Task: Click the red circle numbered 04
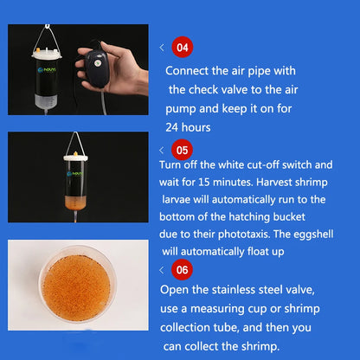[x=183, y=47]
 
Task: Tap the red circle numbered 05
[x=182, y=150]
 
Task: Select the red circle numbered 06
[x=182, y=270]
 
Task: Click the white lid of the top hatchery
[x=47, y=54]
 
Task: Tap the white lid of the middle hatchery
[x=75, y=157]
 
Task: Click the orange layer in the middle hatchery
[x=75, y=202]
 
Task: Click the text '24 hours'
[x=188, y=127]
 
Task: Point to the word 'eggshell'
[x=313, y=235]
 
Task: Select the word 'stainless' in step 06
[x=234, y=290]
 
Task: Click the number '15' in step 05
[x=204, y=182]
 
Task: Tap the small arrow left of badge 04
[x=162, y=48]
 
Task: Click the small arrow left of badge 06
[x=162, y=270]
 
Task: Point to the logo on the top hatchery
[x=47, y=70]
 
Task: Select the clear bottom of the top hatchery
[x=46, y=100]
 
